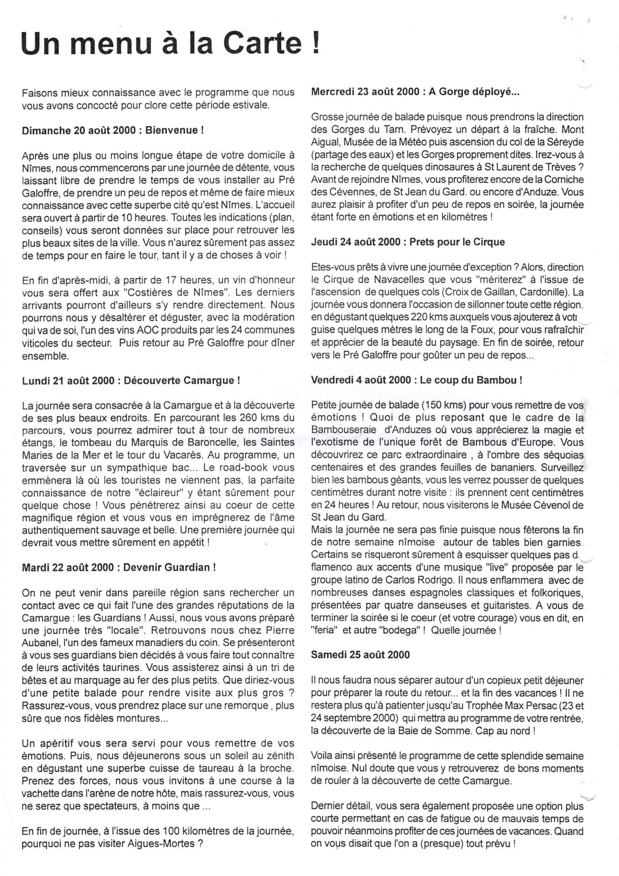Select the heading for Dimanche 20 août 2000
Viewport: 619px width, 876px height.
(x=113, y=130)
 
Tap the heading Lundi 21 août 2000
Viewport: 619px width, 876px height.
(x=131, y=381)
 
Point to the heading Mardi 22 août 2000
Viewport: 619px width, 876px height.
(x=119, y=568)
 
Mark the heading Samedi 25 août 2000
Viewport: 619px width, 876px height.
(x=360, y=655)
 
